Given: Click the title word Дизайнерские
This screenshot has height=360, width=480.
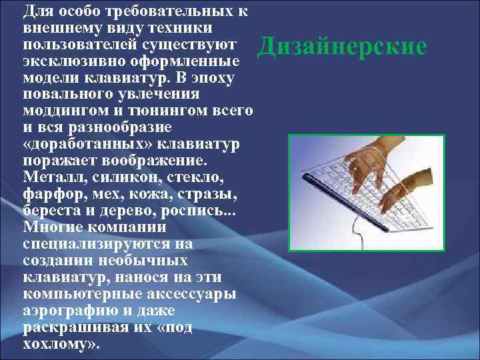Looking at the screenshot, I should (x=342, y=47).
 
